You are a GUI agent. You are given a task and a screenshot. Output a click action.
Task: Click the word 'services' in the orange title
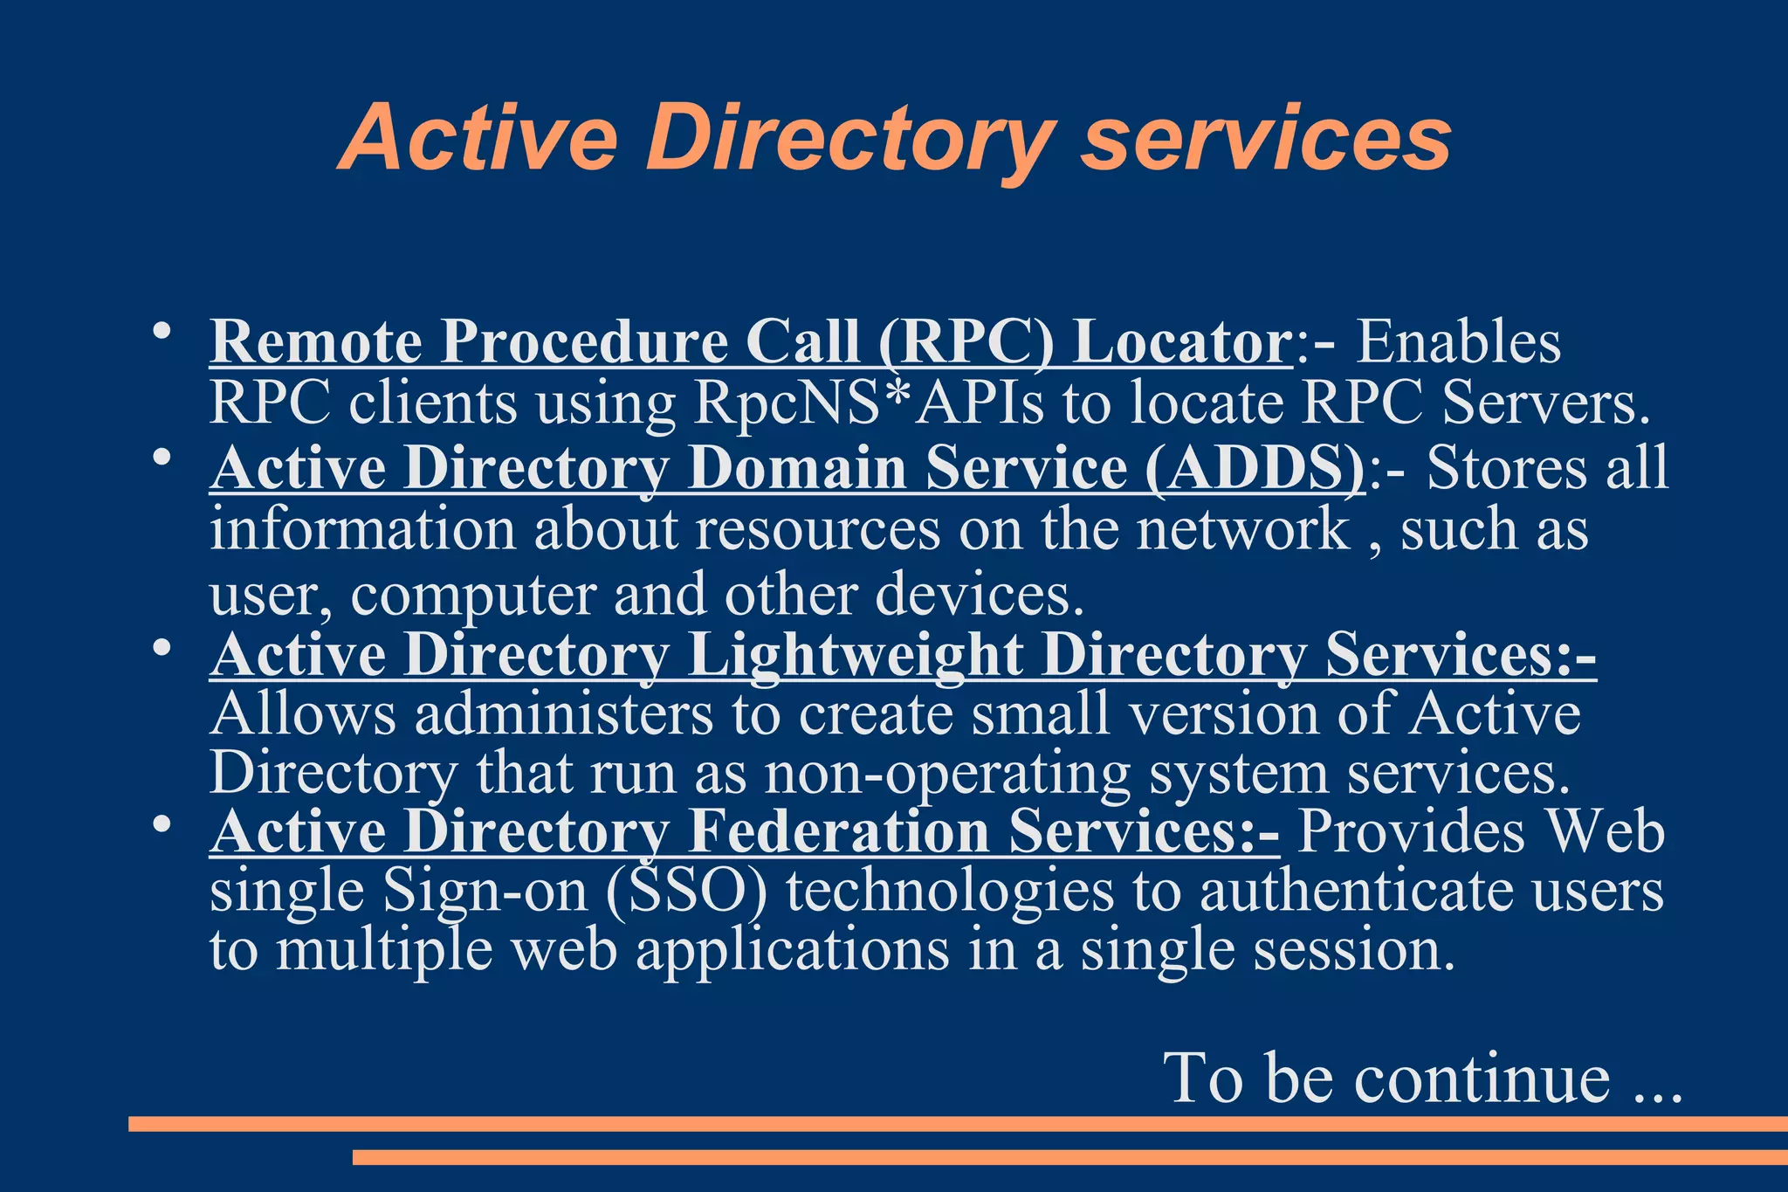(x=1266, y=140)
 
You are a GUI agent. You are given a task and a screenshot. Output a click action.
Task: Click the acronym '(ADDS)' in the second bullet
(x=1255, y=468)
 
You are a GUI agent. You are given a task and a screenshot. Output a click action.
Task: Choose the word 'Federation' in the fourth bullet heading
(x=838, y=831)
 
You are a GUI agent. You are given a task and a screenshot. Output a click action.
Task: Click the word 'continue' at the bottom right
(x=1482, y=1079)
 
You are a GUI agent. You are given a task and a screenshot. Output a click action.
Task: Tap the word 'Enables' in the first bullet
(x=1458, y=341)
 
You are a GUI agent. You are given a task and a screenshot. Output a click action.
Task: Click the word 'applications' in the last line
(x=792, y=950)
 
